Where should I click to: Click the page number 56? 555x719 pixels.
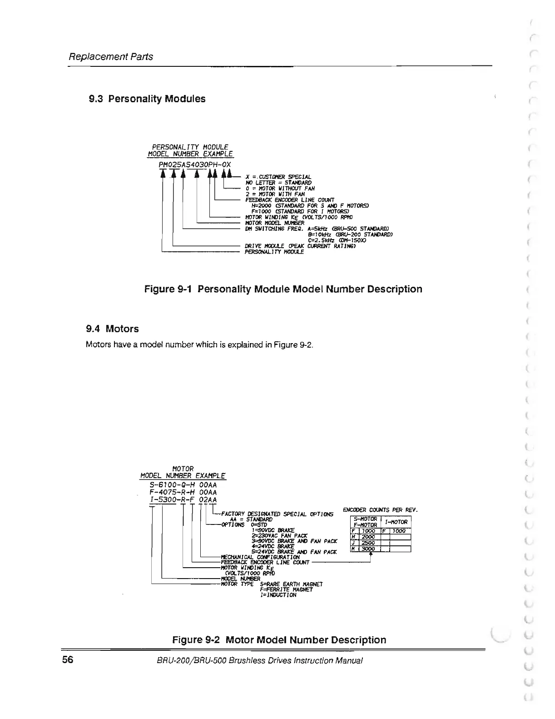click(68, 660)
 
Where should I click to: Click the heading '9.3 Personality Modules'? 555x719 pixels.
click(147, 99)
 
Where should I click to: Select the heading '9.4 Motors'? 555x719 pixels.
click(112, 329)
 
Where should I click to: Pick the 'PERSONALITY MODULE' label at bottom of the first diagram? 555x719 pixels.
click(274, 252)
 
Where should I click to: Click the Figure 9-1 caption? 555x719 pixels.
click(283, 289)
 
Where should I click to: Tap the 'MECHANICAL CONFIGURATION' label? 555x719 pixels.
click(260, 557)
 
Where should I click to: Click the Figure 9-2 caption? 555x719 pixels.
click(279, 640)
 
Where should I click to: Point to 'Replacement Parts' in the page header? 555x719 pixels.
click(110, 57)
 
